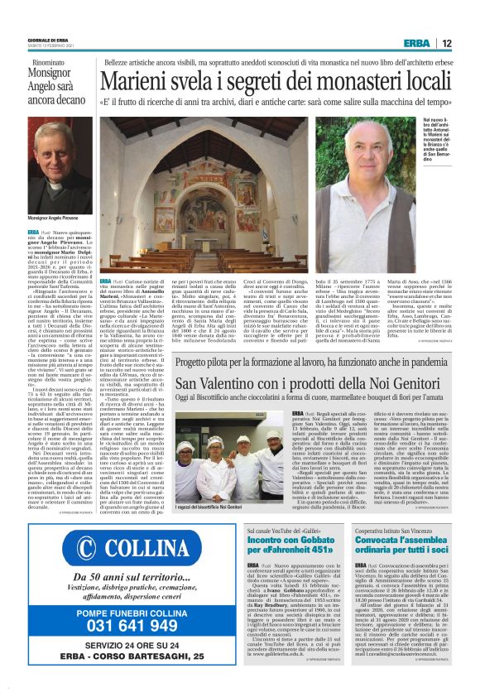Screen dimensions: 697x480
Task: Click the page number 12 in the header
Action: coord(446,43)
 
